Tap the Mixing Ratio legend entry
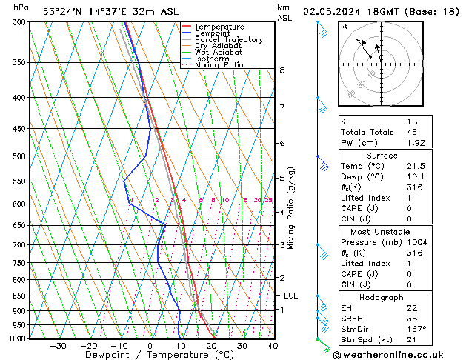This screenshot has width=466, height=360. pos(219,65)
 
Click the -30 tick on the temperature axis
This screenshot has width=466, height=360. pos(57,346)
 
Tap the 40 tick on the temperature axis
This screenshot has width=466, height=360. pos(273,346)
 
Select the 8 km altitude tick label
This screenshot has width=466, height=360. pos(282,70)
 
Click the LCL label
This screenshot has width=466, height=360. pos(290,296)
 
